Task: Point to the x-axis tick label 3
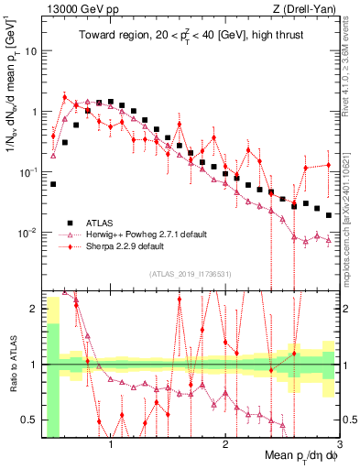click(x=339, y=445)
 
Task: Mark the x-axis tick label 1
click(x=111, y=445)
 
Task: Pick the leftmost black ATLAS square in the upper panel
click(x=53, y=184)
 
